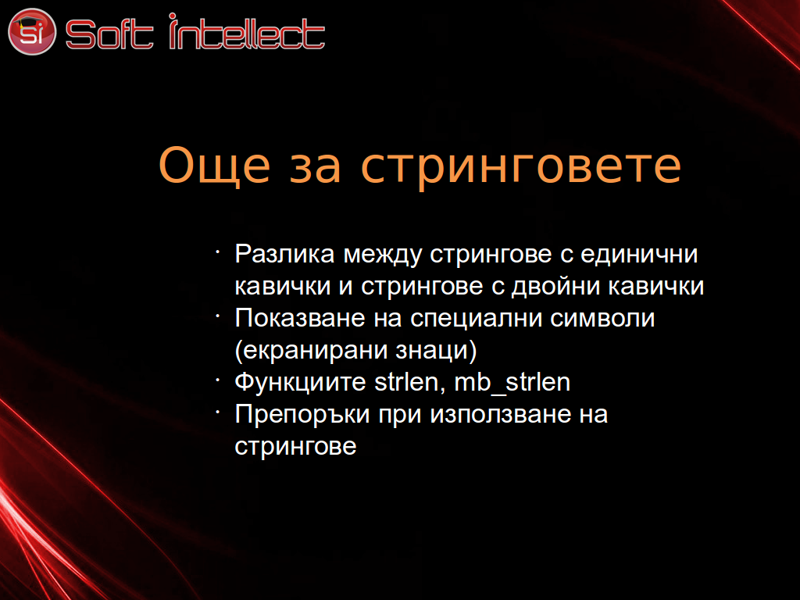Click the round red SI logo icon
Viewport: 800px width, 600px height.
(x=31, y=31)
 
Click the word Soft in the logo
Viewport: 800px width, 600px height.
(x=109, y=34)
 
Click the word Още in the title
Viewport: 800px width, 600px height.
(x=214, y=166)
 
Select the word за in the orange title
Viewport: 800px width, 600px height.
(x=315, y=170)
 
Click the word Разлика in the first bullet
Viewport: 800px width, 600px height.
(x=284, y=254)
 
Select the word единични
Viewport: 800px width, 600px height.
(x=639, y=255)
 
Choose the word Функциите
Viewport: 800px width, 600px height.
(x=301, y=383)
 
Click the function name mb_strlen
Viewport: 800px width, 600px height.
(x=512, y=383)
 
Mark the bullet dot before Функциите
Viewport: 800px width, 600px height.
(x=218, y=379)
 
